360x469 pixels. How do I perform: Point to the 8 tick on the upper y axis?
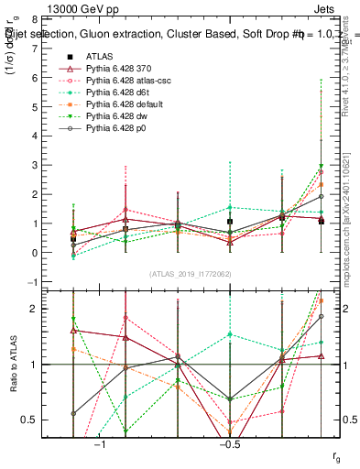coord(33,19)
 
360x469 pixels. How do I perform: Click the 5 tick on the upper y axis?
coord(33,107)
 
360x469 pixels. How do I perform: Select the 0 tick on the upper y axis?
coord(33,253)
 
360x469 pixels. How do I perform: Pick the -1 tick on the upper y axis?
coord(31,282)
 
